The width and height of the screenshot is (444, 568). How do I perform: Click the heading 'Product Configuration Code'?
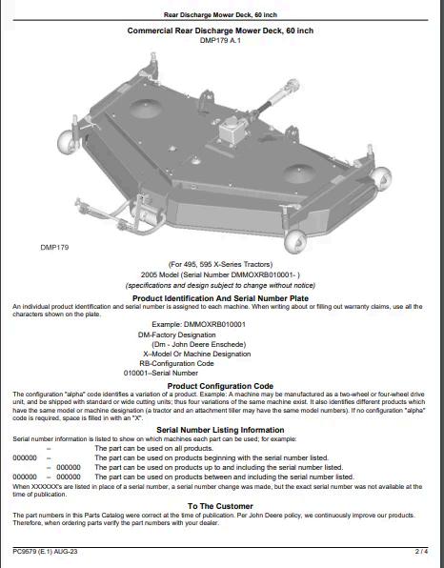[220, 386]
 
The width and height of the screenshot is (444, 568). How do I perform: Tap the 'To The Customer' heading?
[220, 506]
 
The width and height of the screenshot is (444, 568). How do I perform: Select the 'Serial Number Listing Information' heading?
[220, 430]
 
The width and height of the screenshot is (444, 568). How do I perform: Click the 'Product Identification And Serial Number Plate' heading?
[220, 298]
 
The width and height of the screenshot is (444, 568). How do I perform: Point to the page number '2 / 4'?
[421, 552]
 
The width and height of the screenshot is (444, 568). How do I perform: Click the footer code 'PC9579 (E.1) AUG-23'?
[45, 552]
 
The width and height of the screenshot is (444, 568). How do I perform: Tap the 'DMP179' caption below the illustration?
[54, 248]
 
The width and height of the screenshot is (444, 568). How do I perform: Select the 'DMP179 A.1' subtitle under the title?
[220, 40]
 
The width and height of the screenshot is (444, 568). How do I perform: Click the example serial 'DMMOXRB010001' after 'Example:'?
[214, 324]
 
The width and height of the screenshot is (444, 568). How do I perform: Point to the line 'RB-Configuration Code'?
[176, 363]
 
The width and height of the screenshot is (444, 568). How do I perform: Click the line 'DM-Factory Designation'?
[176, 335]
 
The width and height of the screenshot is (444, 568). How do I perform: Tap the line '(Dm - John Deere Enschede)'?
[198, 344]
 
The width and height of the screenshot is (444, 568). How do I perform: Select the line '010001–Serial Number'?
[161, 373]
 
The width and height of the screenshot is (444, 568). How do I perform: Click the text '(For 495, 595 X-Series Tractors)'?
[220, 264]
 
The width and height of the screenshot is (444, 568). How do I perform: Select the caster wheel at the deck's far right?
[382, 178]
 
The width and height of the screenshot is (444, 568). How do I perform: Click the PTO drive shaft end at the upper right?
[291, 88]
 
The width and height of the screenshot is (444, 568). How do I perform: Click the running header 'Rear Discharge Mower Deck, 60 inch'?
[220, 15]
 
